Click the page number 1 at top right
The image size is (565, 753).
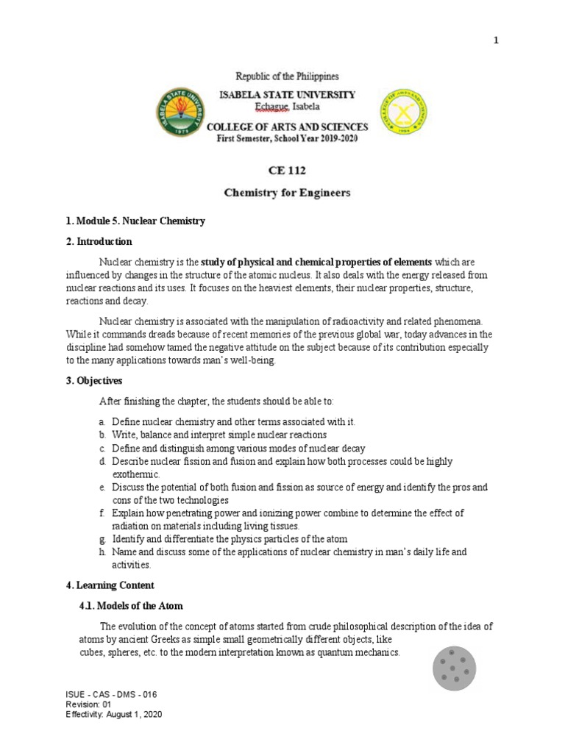click(496, 40)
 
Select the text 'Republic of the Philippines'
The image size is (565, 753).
click(287, 76)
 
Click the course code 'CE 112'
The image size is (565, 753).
click(287, 171)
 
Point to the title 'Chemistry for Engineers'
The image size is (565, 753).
click(287, 193)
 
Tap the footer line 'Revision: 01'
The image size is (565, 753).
click(88, 704)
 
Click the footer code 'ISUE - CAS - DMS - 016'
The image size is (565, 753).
click(111, 694)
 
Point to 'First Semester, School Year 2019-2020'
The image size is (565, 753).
click(287, 139)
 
